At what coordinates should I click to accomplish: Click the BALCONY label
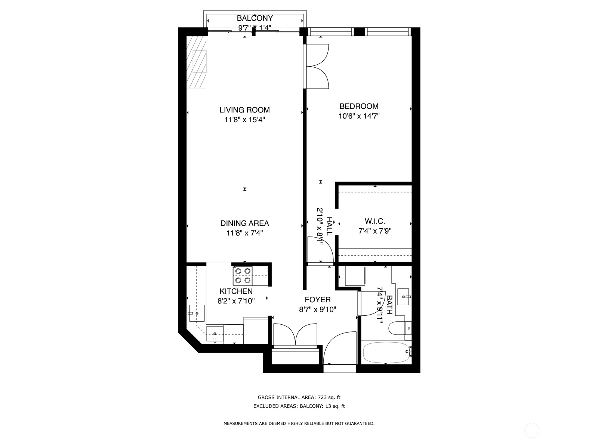point(255,18)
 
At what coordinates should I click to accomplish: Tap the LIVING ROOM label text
point(245,110)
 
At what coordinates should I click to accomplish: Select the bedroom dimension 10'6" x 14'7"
point(359,116)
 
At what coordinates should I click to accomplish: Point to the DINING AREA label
point(245,223)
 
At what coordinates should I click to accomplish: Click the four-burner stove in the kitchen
point(243,276)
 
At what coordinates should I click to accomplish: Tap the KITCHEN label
point(236,291)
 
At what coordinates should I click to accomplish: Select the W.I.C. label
point(375,221)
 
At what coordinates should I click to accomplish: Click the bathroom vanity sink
point(404,297)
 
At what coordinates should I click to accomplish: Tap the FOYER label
point(318,300)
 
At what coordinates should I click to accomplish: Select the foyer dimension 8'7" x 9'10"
point(318,310)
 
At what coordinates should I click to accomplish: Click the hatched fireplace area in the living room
point(196,62)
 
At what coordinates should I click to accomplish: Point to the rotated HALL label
point(329,226)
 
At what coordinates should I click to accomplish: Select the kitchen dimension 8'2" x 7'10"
point(236,301)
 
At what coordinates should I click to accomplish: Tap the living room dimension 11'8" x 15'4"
point(245,120)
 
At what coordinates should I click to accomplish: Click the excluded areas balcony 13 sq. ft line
point(299,406)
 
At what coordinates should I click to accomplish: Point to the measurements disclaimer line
point(299,423)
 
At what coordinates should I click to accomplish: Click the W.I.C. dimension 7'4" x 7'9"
point(375,231)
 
